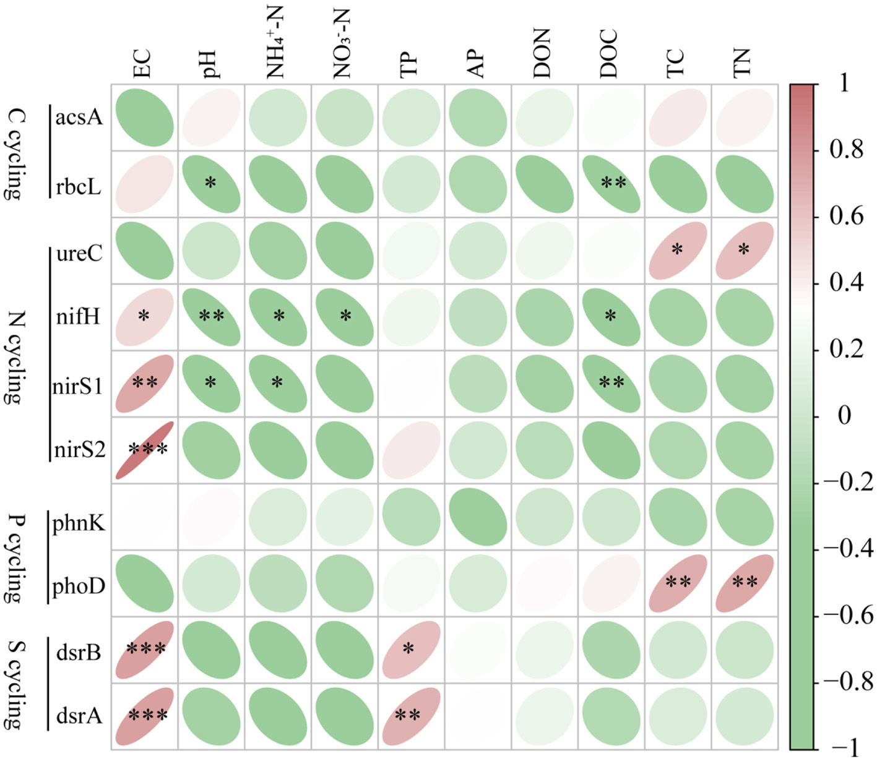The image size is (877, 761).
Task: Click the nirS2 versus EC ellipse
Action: (x=145, y=450)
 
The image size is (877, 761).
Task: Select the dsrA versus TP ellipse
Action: (x=411, y=716)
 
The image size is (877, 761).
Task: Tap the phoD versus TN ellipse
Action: (x=745, y=583)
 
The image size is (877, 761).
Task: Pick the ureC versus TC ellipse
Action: (x=678, y=251)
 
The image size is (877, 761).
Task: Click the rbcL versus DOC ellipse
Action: (x=611, y=184)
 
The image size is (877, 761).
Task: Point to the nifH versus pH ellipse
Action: (x=212, y=317)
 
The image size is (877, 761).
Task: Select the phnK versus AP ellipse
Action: (x=478, y=517)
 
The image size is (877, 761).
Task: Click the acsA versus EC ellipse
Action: (x=145, y=118)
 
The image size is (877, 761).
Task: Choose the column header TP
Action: (x=408, y=64)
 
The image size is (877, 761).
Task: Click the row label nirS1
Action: (x=78, y=386)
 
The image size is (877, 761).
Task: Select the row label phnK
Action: (x=79, y=523)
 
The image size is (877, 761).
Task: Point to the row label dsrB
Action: (x=79, y=652)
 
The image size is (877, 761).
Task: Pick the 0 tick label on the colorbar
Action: (x=844, y=415)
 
